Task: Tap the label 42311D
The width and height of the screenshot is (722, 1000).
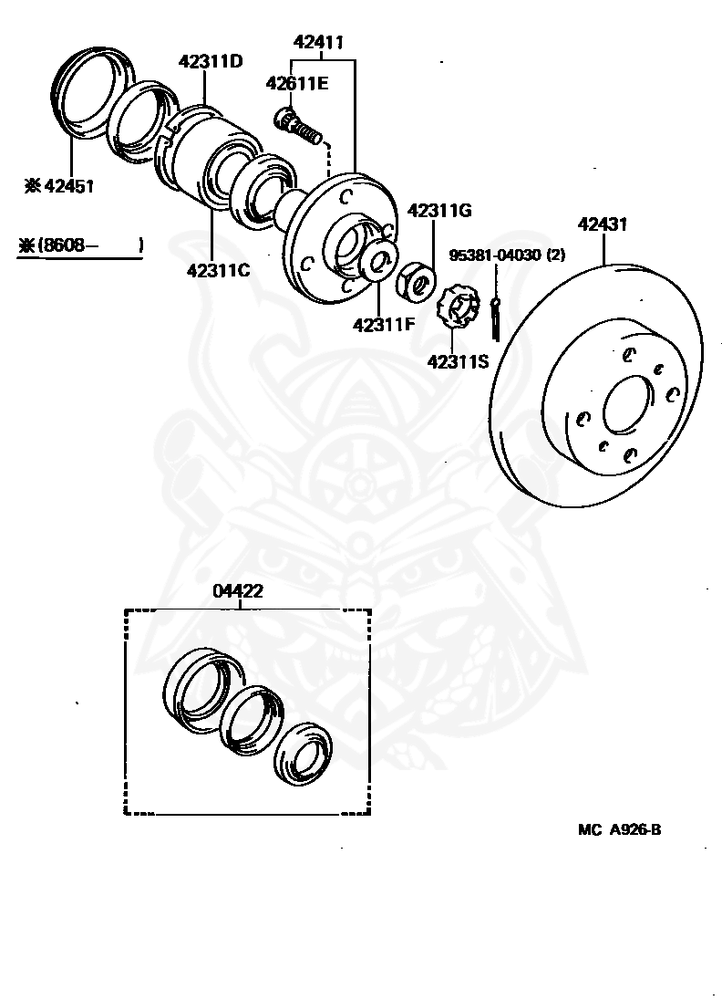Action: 211,62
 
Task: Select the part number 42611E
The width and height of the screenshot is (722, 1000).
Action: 296,84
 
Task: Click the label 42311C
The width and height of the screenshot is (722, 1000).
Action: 219,270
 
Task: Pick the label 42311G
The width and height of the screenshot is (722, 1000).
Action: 439,211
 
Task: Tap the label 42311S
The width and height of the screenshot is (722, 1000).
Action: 459,361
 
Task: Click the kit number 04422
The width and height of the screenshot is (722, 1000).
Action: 239,590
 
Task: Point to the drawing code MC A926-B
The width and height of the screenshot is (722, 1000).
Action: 619,829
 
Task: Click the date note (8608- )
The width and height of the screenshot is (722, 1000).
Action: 81,245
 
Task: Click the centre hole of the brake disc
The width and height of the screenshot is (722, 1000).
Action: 626,402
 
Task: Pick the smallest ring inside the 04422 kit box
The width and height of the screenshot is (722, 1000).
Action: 302,753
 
